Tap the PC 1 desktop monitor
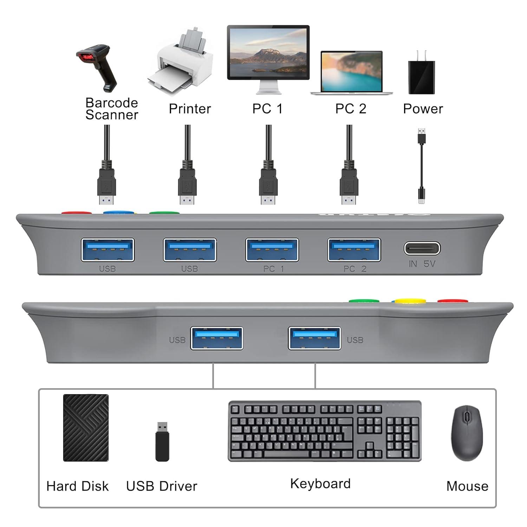click(268, 53)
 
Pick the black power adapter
click(422, 76)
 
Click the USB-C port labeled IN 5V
click(422, 248)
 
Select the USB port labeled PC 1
click(272, 250)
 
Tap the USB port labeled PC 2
click(354, 250)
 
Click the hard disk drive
click(86, 428)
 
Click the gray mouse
click(467, 433)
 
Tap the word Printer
click(190, 109)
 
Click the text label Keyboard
click(320, 484)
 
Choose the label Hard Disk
click(78, 486)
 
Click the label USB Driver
click(162, 486)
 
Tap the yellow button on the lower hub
click(409, 301)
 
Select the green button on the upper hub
click(164, 213)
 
